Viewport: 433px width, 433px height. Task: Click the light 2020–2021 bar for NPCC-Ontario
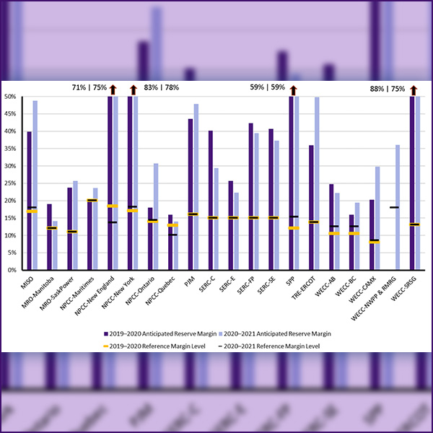click(x=156, y=216)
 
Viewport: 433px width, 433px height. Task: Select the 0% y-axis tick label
click(x=11, y=270)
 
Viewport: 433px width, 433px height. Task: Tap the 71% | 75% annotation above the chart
click(x=89, y=87)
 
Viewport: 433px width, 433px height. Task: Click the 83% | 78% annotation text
click(x=162, y=87)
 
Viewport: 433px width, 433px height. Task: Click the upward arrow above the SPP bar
click(x=292, y=89)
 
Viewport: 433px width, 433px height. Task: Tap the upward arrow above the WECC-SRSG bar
click(x=413, y=89)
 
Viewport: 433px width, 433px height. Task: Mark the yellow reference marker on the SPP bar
click(x=293, y=228)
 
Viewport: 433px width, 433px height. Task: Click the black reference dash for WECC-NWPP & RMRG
click(x=395, y=207)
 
